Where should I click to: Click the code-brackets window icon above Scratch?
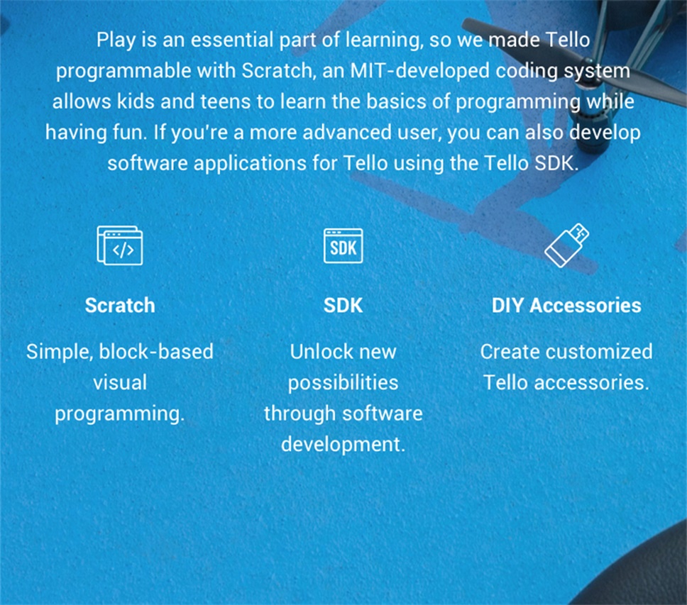click(x=120, y=245)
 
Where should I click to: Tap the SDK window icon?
click(x=343, y=245)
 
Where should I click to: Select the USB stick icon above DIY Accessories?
click(x=566, y=245)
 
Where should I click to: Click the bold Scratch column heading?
click(x=120, y=305)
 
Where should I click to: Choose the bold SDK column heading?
click(x=343, y=305)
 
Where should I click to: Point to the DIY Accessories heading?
click(x=566, y=305)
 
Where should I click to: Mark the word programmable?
click(x=123, y=72)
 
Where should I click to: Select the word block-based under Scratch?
click(x=156, y=352)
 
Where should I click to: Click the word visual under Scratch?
click(x=120, y=382)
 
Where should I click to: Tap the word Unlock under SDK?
click(x=320, y=352)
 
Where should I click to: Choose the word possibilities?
click(x=343, y=383)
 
